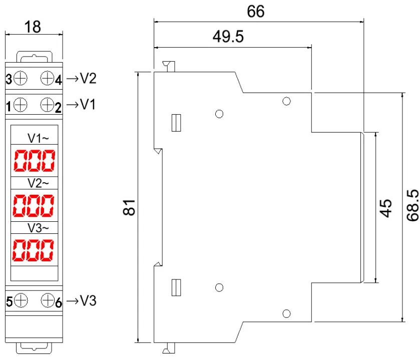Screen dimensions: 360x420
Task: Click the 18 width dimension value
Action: click(33, 27)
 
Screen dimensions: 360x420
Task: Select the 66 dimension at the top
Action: click(256, 11)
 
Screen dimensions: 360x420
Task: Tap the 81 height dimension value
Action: click(129, 207)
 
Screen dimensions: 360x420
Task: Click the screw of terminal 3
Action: click(21, 78)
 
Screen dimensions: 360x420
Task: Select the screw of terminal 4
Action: click(47, 78)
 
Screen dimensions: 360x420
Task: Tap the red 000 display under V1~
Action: click(34, 161)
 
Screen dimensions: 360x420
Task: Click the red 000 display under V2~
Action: click(34, 205)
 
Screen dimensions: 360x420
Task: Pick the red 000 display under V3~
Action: click(34, 250)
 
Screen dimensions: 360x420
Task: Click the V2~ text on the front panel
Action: click(38, 183)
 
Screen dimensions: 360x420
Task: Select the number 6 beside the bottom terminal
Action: click(58, 302)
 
